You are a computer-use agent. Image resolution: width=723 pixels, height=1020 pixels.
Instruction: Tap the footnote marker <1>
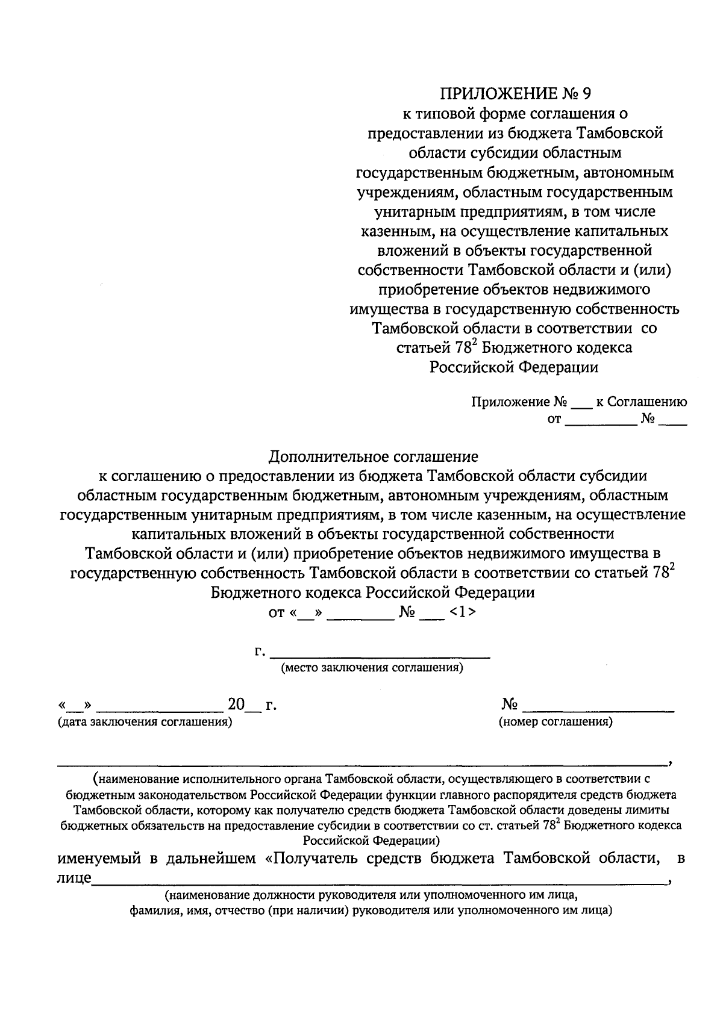463,612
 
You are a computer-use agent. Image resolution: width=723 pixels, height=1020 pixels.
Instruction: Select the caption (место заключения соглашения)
372,668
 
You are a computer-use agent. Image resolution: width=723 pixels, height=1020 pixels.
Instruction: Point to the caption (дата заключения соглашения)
145,721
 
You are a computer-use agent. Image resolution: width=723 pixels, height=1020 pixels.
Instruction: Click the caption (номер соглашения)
556,721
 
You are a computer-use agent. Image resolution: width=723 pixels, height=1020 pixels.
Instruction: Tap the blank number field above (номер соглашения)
598,706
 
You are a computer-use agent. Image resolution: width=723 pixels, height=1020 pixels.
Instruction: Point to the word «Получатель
319,858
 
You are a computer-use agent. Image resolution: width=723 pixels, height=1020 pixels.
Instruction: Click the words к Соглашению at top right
641,402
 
